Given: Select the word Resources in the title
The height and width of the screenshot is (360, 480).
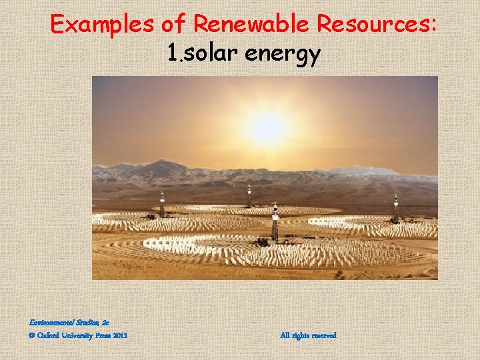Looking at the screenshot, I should point(378,25).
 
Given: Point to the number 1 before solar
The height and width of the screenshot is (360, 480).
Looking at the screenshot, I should point(171,54).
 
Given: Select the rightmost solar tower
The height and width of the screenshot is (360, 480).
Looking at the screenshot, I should point(395,208).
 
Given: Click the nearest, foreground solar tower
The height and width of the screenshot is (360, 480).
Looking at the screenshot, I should point(275,223).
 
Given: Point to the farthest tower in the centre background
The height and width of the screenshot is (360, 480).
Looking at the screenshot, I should point(249,195).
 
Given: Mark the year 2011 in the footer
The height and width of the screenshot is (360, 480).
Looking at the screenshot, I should point(121,335).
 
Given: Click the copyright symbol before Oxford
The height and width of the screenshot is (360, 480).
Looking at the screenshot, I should point(32,335).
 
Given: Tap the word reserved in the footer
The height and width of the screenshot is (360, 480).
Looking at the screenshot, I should point(323,335).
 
